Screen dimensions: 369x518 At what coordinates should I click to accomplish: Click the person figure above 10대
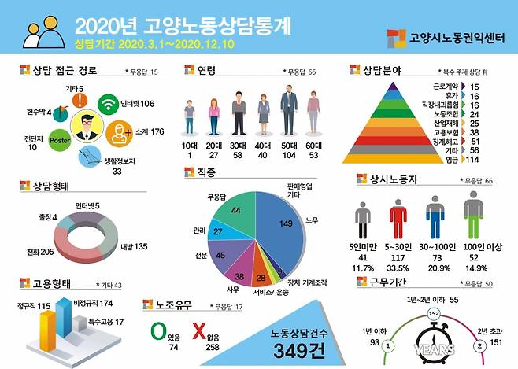point(189,119)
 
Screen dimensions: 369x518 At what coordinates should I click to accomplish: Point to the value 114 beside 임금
point(472,161)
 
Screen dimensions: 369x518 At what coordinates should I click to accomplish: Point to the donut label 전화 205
point(35,252)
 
